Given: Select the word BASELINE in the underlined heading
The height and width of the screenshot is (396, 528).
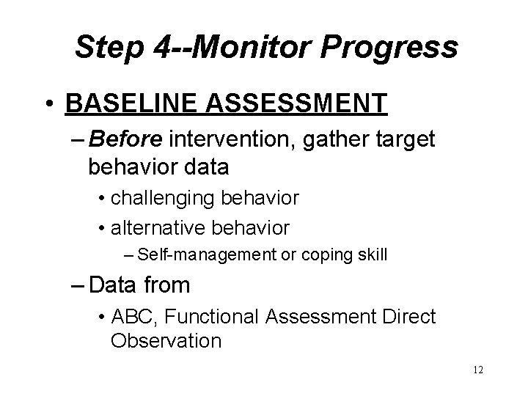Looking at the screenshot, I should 133,103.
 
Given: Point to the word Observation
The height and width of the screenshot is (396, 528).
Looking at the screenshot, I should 165,341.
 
